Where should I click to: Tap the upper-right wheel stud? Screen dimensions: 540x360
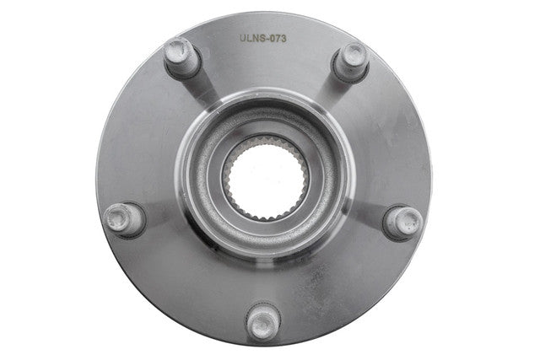coord(351,62)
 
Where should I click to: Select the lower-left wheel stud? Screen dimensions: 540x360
coord(125,219)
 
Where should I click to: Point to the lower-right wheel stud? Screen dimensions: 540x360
coord(402,223)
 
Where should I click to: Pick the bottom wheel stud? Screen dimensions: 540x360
coord(263,321)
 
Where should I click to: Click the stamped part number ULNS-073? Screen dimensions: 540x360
coord(263,39)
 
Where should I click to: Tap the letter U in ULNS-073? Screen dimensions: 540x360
coord(243,39)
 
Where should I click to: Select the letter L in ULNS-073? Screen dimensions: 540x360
coord(250,39)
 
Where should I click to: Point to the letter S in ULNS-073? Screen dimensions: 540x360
coord(263,39)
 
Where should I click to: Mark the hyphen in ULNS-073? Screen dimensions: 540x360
coord(268,40)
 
